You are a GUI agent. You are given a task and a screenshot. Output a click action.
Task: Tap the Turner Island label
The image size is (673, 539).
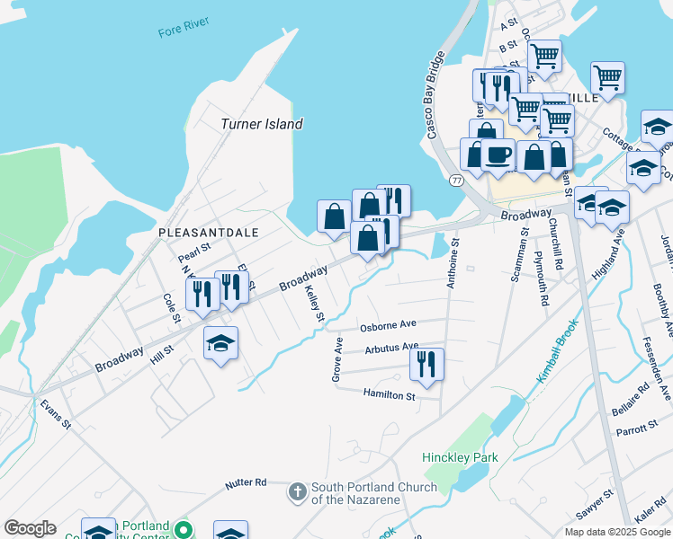(262, 124)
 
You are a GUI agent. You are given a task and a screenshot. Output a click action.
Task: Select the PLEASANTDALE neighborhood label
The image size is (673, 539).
(208, 232)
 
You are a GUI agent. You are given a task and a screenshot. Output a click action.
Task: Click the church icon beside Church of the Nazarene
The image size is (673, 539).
(298, 492)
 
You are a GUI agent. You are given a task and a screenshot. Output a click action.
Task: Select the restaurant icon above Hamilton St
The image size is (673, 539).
(426, 364)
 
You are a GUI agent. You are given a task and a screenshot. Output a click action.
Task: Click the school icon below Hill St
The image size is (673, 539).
(220, 343)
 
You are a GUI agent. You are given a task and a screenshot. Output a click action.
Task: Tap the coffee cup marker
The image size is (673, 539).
(498, 155)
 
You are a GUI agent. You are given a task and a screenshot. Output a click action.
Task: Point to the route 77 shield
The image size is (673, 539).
(457, 181)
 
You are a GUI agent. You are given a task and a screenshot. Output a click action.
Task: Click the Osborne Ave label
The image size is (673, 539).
(388, 324)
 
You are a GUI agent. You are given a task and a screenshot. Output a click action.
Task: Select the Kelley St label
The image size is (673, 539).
(313, 304)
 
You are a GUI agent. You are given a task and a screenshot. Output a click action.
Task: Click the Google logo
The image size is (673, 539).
(30, 528)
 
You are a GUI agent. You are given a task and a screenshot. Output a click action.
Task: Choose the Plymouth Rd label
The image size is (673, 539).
(540, 278)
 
